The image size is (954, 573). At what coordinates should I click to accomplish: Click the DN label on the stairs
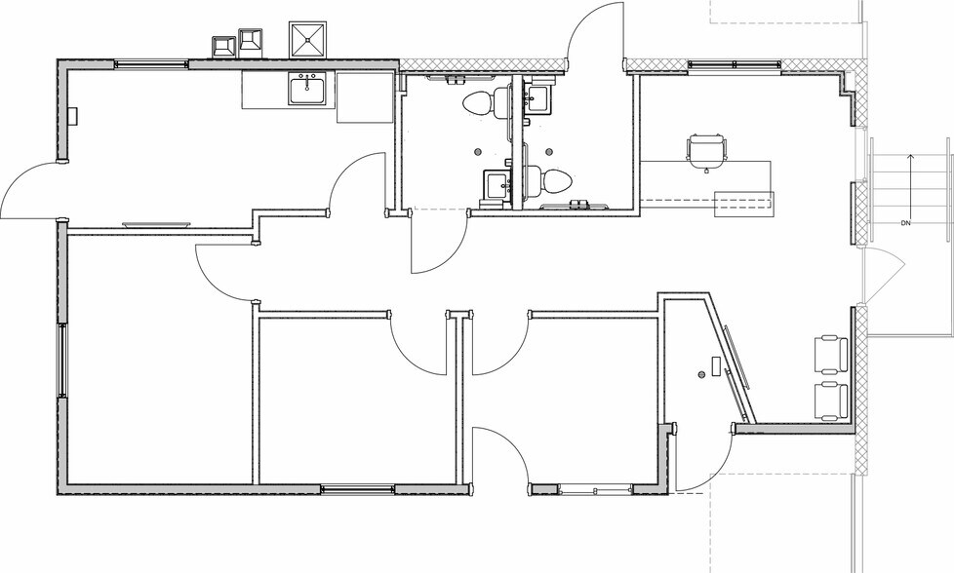(905, 223)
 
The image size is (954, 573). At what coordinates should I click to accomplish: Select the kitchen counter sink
(308, 90)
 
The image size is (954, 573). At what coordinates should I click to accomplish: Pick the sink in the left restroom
(497, 185)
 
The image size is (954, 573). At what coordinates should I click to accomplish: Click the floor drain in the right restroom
(549, 151)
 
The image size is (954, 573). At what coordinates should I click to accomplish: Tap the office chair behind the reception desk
(706, 151)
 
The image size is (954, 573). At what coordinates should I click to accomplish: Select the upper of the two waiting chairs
(831, 354)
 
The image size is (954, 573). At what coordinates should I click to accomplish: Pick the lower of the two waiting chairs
(831, 401)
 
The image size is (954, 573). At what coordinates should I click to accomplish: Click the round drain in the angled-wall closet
(701, 375)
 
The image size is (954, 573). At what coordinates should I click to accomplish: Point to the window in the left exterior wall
(62, 361)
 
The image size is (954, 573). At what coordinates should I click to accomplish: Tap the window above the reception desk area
(735, 65)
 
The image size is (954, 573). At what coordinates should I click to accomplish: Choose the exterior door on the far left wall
(31, 189)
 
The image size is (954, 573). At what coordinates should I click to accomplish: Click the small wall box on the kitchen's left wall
(73, 115)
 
